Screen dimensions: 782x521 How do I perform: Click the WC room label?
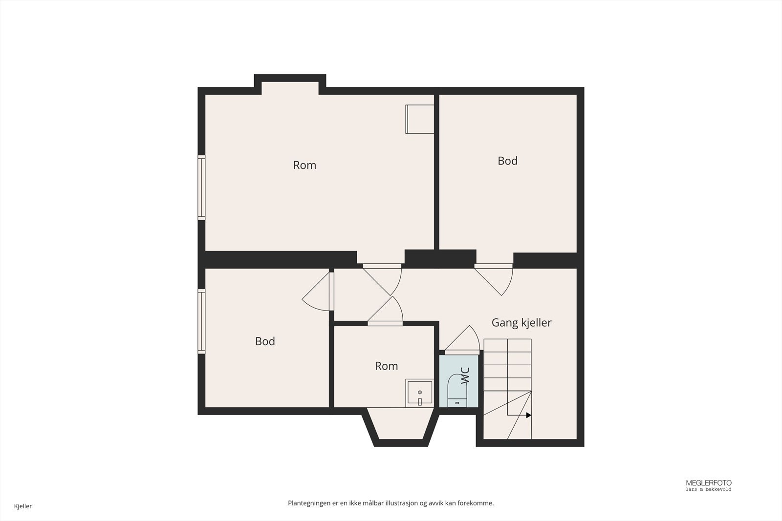[x=465, y=375]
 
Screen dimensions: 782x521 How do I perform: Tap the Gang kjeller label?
[x=521, y=323]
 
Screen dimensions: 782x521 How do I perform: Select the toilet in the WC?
[x=457, y=390]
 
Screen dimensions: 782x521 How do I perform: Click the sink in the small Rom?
[x=420, y=393]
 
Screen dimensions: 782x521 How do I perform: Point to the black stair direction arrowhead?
[x=528, y=416]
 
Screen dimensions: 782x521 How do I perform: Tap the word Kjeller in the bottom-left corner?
[x=23, y=506]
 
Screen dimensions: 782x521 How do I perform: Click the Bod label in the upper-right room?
[x=508, y=161]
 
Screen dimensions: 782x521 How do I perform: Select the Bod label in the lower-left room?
[x=265, y=341]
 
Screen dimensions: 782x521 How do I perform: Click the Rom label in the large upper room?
[x=305, y=165]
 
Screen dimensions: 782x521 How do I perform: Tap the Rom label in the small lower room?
[x=387, y=366]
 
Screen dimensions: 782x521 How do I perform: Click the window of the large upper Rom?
[x=201, y=188]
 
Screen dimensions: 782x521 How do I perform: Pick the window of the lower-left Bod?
[x=201, y=321]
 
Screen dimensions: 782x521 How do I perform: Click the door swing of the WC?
[x=462, y=340]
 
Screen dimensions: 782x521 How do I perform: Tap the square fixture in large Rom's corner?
[x=420, y=119]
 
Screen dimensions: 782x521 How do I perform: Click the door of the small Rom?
[x=386, y=311]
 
